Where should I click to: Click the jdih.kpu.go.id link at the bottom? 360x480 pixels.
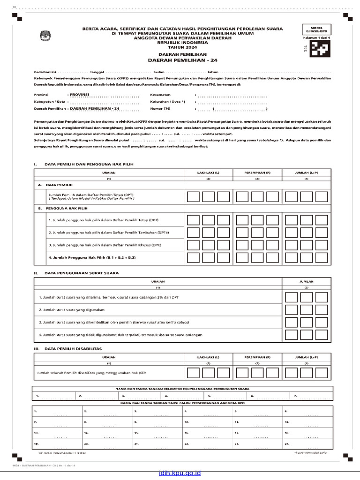point(180,473)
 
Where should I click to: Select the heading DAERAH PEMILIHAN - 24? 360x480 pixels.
point(183,60)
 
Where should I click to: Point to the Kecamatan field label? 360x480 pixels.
point(160,94)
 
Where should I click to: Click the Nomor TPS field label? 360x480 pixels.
point(160,108)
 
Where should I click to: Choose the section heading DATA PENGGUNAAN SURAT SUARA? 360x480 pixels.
point(81,273)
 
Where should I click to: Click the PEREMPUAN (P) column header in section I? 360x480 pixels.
point(257,172)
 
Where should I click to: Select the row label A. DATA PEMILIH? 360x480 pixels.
point(53,185)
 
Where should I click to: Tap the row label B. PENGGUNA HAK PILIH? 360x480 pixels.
point(60,207)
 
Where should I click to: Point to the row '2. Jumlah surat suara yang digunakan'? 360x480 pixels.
point(71,310)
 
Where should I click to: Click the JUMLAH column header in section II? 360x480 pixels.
point(306,281)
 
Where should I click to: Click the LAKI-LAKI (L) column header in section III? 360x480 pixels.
point(208,357)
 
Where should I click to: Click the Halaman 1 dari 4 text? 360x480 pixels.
point(316,37)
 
